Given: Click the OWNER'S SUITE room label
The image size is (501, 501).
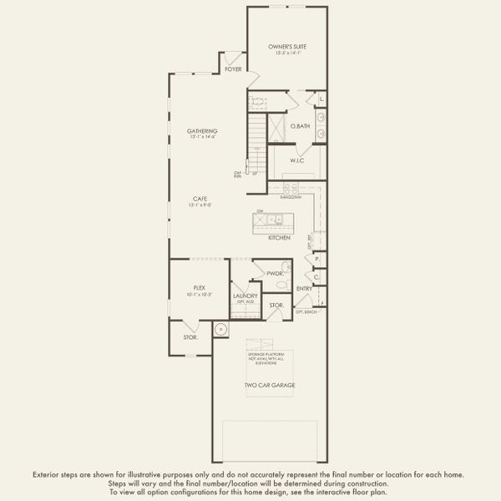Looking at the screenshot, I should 286,48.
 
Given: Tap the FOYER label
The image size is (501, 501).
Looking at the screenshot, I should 233,68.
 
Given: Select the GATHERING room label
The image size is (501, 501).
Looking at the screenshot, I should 202,131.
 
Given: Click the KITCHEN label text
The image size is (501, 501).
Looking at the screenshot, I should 279,238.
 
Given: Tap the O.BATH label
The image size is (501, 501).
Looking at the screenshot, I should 300,126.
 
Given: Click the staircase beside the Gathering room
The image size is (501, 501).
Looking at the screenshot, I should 256,142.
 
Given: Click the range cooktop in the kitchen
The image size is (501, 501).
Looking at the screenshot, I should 291,188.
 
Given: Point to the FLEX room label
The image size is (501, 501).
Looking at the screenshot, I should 200,287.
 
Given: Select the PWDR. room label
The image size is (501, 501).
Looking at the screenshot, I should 276,273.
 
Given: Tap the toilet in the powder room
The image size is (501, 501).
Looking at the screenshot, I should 283,285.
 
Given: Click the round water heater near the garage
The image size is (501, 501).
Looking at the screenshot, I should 220,329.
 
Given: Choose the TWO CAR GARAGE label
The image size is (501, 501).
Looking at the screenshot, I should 270,385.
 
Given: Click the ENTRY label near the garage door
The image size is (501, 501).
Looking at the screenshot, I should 304,289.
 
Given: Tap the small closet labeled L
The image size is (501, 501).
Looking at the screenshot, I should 321,100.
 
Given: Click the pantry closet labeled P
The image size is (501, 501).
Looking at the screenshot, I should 317,260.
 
